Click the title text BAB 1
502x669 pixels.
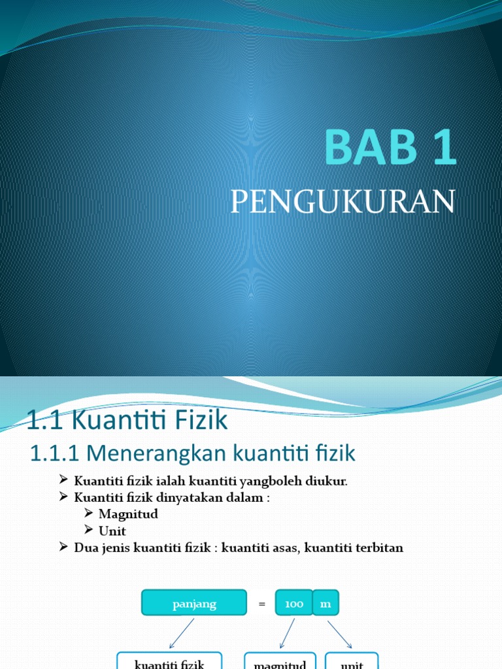pyautogui.click(x=390, y=148)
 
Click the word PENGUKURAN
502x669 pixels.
pyautogui.click(x=343, y=202)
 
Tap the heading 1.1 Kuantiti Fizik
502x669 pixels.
pyautogui.click(x=127, y=420)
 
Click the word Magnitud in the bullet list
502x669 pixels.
pyautogui.click(x=128, y=514)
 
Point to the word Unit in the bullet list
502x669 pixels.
pyautogui.click(x=112, y=531)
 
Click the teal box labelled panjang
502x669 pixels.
pyautogui.click(x=194, y=603)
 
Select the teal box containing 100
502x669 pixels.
pyautogui.click(x=294, y=604)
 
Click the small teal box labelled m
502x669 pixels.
pyautogui.click(x=326, y=604)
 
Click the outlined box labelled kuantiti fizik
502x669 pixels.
pyautogui.click(x=169, y=661)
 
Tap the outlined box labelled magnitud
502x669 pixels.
pyautogui.click(x=280, y=661)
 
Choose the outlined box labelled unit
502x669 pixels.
pyautogui.click(x=352, y=661)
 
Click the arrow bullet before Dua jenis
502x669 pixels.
pyautogui.click(x=63, y=547)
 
